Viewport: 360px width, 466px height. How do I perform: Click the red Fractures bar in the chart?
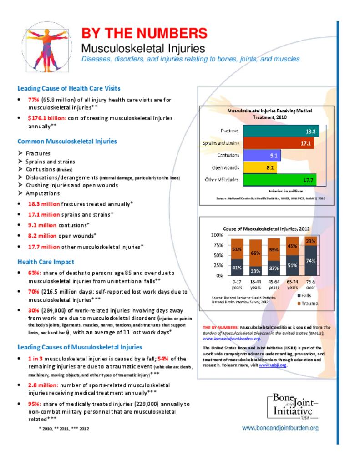pyautogui.click(x=281, y=131)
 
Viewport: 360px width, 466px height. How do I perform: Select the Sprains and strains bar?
pyautogui.click(x=278, y=143)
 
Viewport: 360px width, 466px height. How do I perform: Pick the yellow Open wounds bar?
pyautogui.click(x=259, y=167)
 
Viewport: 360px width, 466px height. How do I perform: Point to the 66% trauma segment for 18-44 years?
pyautogui.click(x=255, y=253)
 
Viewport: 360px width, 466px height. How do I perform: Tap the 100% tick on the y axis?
pyautogui.click(x=217, y=235)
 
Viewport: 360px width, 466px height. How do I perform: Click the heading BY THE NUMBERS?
pyautogui.click(x=144, y=33)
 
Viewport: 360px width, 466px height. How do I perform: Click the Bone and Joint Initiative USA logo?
pyautogui.click(x=292, y=407)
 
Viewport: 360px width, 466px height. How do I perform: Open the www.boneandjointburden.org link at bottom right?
pyautogui.click(x=280, y=428)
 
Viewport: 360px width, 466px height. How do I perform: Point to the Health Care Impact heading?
pyautogui.click(x=46, y=262)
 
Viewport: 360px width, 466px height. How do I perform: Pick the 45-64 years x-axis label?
pyautogui.click(x=274, y=285)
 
